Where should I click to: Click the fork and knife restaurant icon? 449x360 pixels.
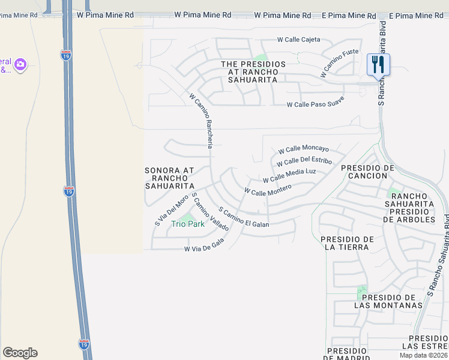[x=378, y=64]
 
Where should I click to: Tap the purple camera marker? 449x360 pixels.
[x=20, y=64]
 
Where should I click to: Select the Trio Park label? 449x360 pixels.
[x=188, y=224]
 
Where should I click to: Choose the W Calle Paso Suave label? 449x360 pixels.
[x=316, y=104]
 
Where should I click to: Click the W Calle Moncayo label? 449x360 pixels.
[x=303, y=149]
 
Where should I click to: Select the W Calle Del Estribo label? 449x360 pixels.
[x=304, y=161]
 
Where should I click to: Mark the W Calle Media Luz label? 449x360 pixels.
[x=289, y=175]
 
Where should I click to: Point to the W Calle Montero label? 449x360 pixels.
[x=268, y=190]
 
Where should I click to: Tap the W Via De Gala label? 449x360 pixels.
[x=204, y=245]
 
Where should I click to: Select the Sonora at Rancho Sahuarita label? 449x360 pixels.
[x=170, y=178]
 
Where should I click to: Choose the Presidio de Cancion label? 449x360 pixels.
[x=364, y=172]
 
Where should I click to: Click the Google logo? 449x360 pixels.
[x=20, y=353]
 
